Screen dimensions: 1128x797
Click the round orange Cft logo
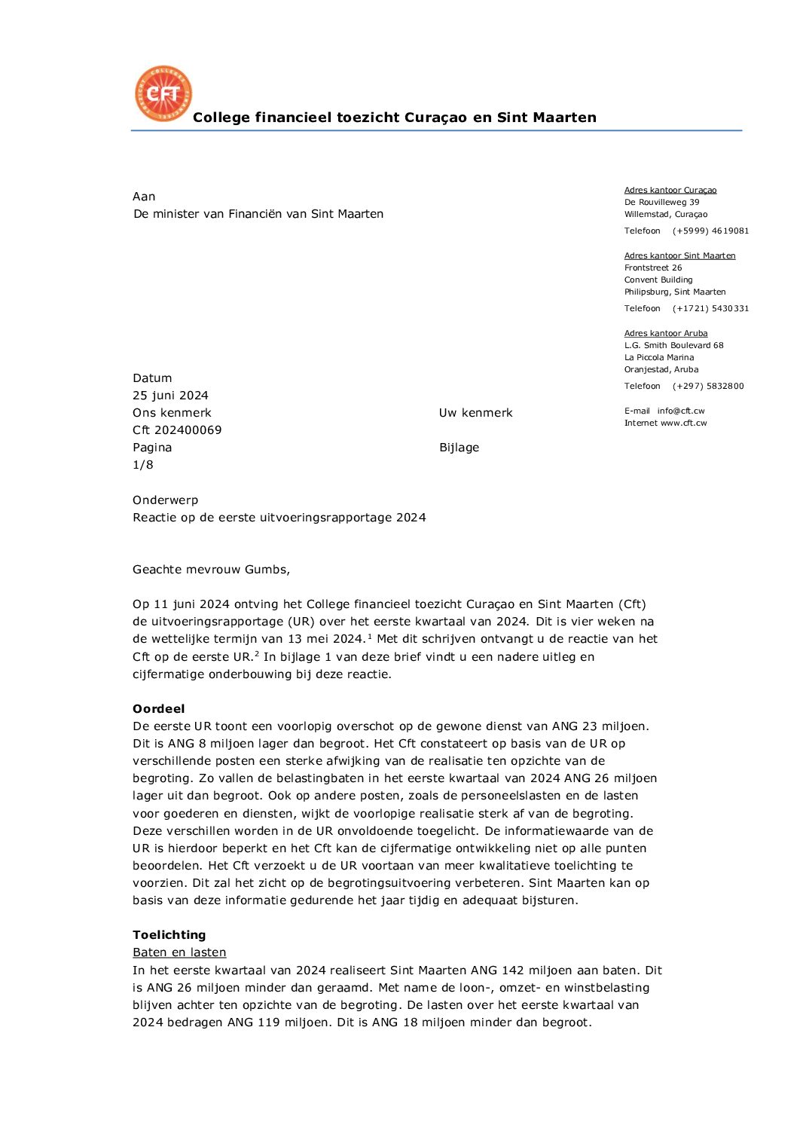(163, 93)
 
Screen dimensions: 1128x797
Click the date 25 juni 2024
(170, 396)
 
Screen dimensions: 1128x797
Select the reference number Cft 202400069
(177, 430)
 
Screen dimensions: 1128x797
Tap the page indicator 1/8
(143, 465)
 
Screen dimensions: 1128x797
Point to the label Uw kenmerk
(475, 413)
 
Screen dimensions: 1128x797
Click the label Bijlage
(459, 448)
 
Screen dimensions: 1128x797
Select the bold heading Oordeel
(158, 709)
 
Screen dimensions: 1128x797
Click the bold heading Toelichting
(169, 935)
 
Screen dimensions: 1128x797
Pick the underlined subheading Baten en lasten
(179, 952)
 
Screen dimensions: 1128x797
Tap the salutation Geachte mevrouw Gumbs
(211, 570)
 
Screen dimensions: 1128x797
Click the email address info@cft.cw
(680, 411)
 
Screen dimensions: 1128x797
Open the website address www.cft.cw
(683, 423)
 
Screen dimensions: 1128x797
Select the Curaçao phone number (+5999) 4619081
(710, 231)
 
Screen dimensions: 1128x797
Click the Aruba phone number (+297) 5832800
(708, 386)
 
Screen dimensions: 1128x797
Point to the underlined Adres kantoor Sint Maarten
(679, 255)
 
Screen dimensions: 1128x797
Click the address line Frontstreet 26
(653, 267)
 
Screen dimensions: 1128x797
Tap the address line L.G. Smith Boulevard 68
(673, 345)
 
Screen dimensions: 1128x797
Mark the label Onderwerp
(165, 500)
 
